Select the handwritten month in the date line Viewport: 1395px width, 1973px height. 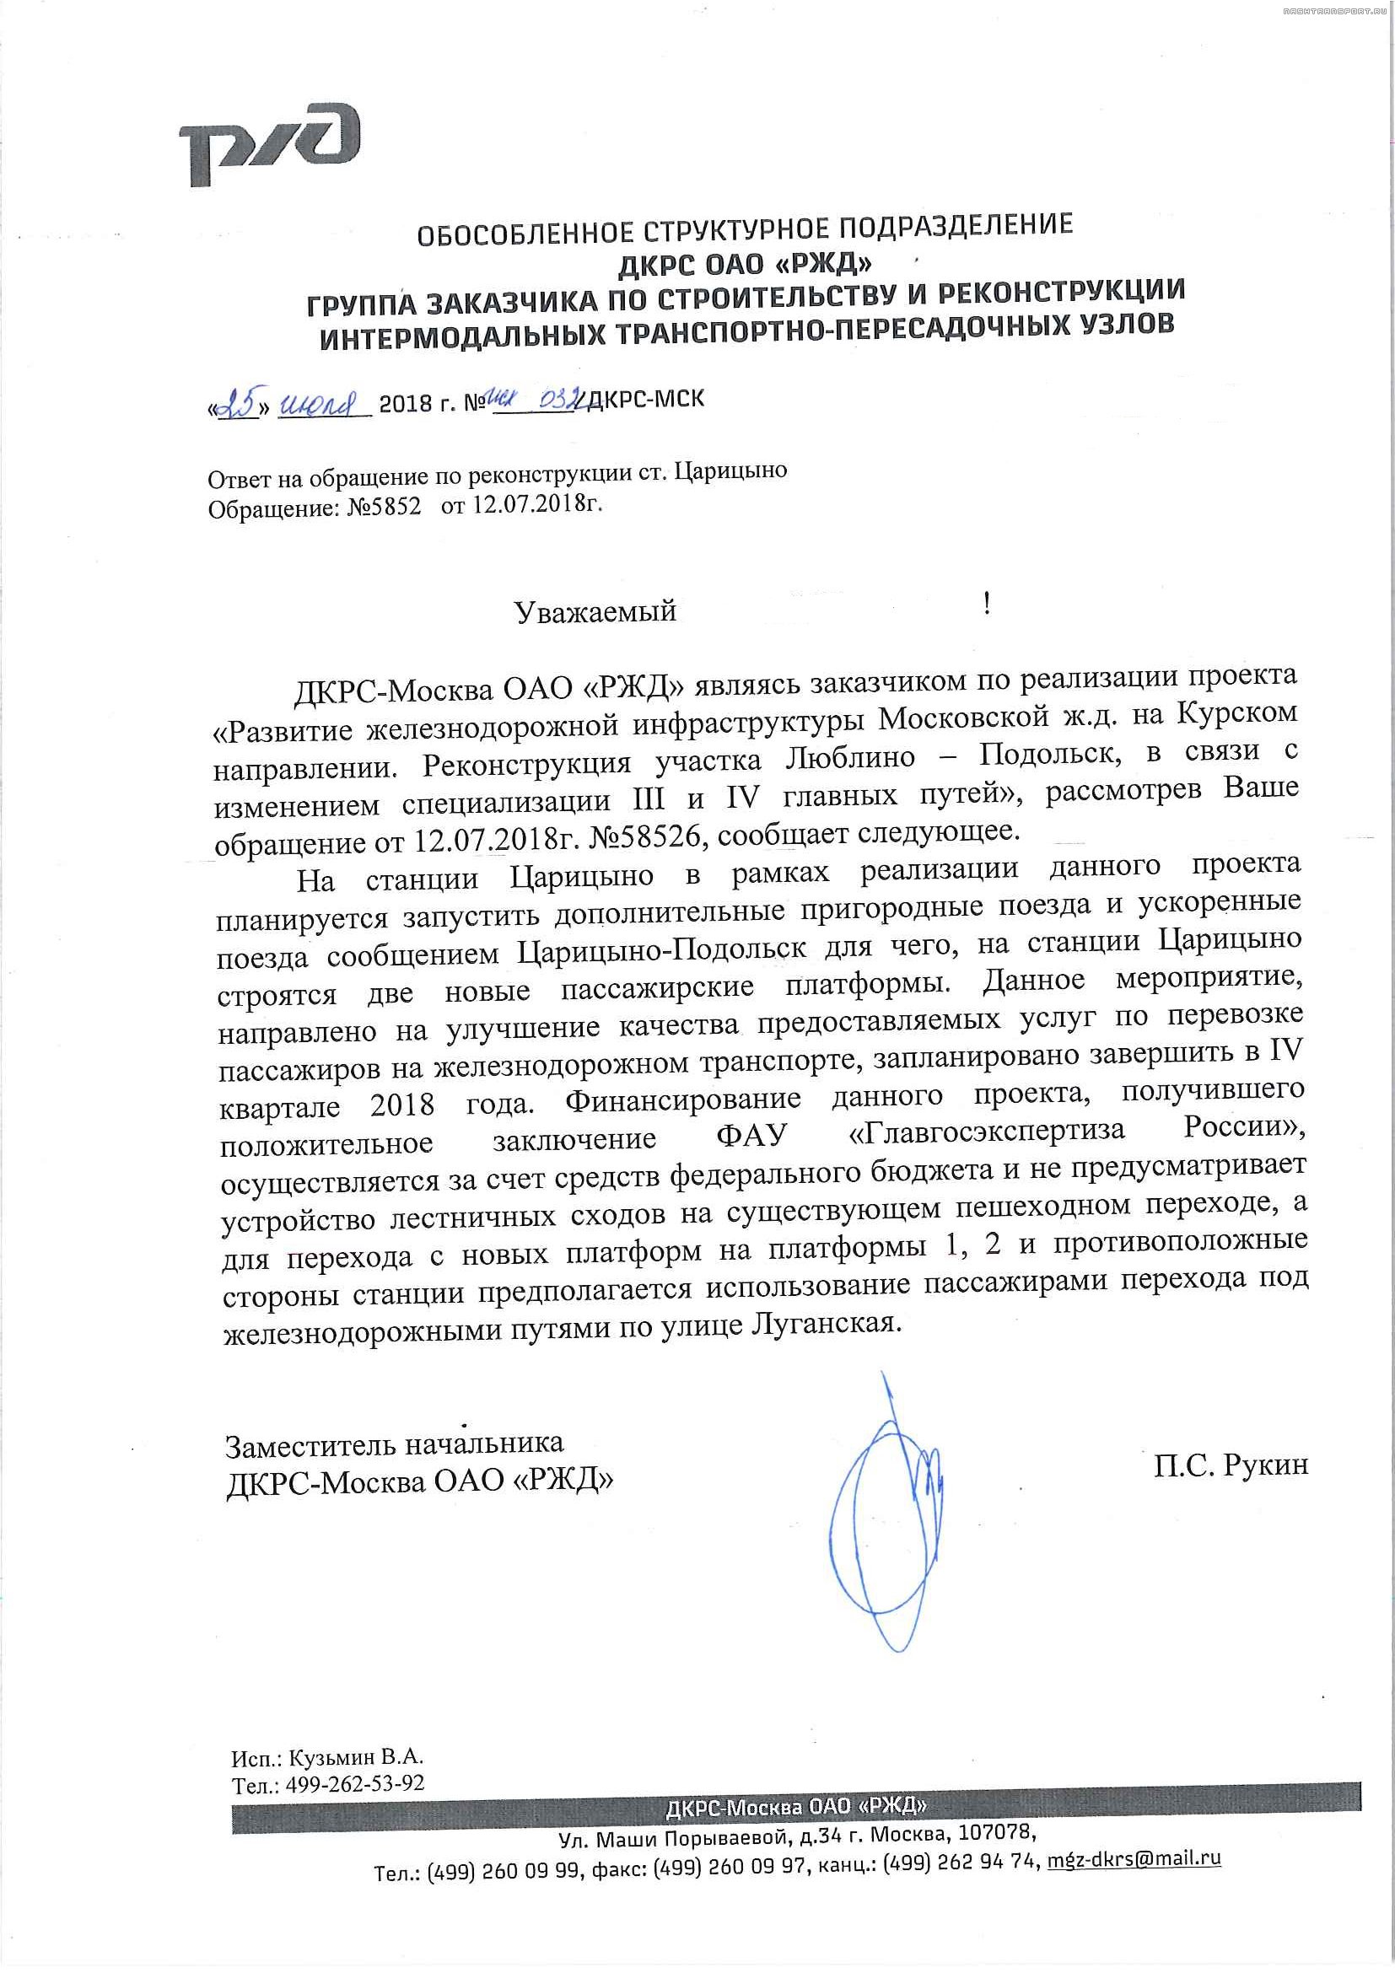point(319,402)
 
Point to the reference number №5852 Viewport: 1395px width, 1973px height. point(385,508)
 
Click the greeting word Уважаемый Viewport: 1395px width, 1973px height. point(595,612)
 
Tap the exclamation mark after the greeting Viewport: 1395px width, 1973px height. point(988,604)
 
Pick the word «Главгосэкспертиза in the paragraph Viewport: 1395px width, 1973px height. point(986,1132)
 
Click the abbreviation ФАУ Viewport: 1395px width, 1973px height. point(751,1136)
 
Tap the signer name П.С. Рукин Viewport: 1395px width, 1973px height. point(1230,1465)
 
